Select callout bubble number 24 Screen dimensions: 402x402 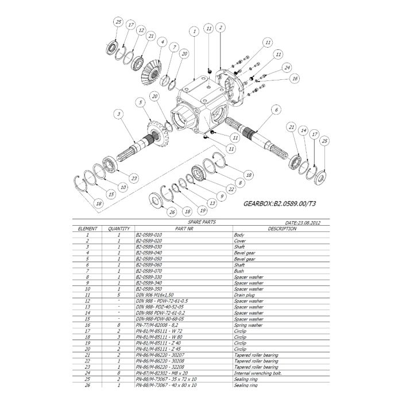pos(287,67)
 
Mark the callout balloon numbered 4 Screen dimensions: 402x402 pos(163,42)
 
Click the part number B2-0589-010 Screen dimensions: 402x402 pos(149,235)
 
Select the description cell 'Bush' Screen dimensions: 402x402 pos(238,271)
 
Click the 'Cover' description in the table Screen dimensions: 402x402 pos(239,241)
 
